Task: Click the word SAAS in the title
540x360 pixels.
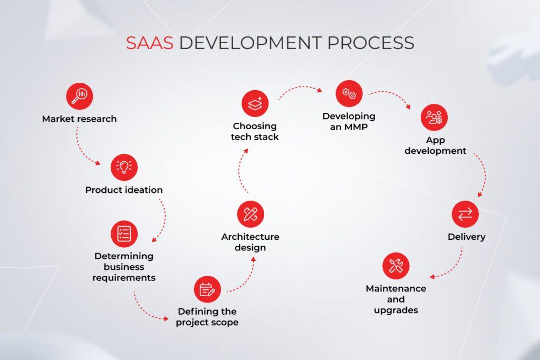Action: coord(149,43)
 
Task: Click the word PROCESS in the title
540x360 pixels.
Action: coord(371,43)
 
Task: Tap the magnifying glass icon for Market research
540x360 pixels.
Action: coord(79,96)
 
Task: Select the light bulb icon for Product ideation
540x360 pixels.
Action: coord(124,167)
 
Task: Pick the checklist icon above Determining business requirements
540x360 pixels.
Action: coord(124,233)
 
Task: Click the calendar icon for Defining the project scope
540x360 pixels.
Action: coord(207,289)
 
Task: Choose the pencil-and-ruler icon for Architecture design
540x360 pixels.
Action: coord(250,214)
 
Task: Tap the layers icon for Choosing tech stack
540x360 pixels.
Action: coord(255,103)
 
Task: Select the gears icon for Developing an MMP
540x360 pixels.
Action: coord(349,94)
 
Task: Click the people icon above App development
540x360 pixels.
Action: coord(434,117)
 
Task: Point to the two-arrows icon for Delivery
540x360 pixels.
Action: coord(465,215)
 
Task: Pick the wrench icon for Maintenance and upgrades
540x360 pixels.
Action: coord(396,266)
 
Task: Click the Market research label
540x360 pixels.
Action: coord(79,119)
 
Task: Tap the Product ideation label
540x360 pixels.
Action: coord(124,190)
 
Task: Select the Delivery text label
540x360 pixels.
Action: coord(466,237)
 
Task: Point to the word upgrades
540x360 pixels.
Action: coord(396,310)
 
